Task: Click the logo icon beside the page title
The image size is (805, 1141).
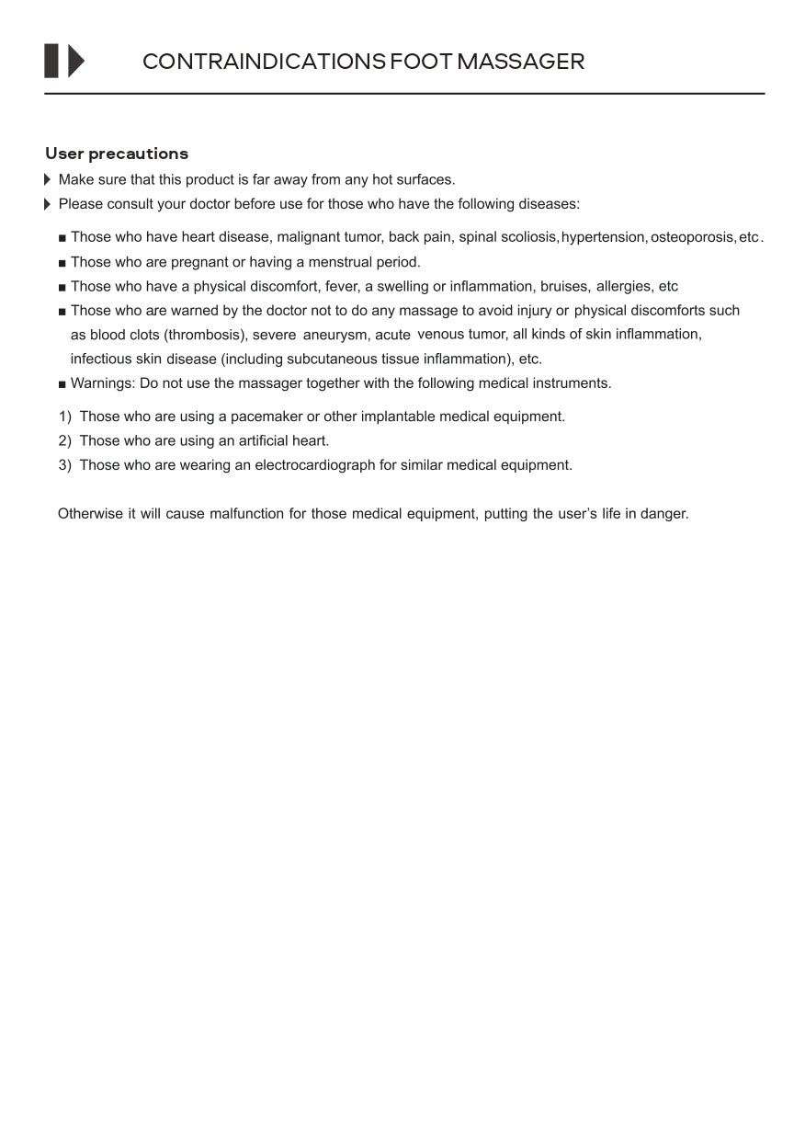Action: (64, 61)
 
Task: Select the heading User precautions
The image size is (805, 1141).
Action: (117, 154)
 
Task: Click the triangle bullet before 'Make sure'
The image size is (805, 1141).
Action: (48, 179)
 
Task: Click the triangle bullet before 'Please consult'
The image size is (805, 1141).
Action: (48, 204)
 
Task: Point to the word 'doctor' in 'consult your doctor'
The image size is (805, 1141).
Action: (210, 204)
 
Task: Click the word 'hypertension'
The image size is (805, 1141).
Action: (603, 237)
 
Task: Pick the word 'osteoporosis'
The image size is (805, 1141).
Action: (692, 237)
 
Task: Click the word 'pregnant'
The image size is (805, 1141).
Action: (199, 262)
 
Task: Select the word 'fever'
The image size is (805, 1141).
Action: (342, 287)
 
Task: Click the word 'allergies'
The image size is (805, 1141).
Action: (624, 287)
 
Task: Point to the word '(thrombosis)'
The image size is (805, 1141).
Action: (206, 335)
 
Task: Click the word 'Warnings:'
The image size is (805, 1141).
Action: (103, 383)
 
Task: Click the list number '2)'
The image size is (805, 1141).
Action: (65, 441)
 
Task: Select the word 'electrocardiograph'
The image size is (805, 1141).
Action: (315, 465)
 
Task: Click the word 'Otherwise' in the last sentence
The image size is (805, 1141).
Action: (90, 514)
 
